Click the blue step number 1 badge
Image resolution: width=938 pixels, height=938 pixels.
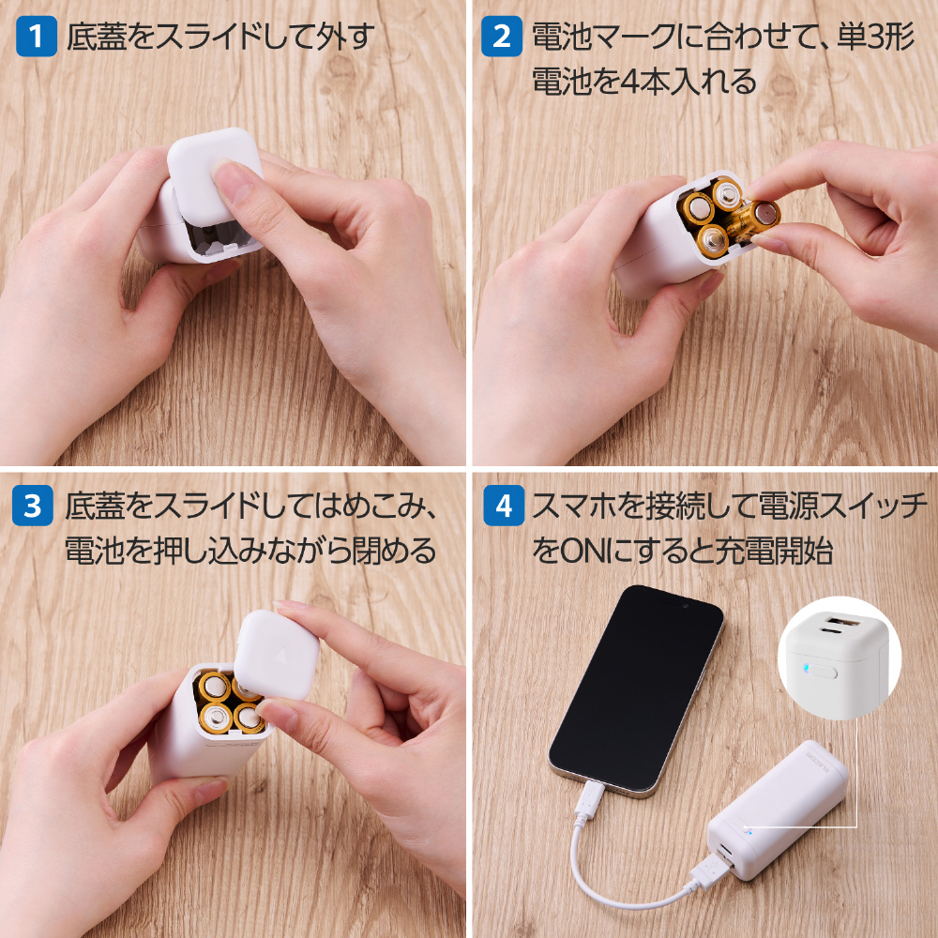(37, 37)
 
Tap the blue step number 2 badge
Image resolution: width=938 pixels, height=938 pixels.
(502, 37)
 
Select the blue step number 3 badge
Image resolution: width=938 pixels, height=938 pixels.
(33, 506)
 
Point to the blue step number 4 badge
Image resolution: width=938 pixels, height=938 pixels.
(504, 506)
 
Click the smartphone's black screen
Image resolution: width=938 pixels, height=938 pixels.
(636, 687)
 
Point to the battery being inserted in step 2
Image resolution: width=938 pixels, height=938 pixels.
(755, 219)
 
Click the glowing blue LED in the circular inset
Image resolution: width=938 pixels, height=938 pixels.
(806, 668)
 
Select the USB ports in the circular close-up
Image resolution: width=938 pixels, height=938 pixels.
(840, 628)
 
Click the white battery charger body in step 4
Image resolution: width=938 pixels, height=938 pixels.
(778, 810)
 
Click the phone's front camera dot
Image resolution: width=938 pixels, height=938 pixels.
(686, 606)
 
